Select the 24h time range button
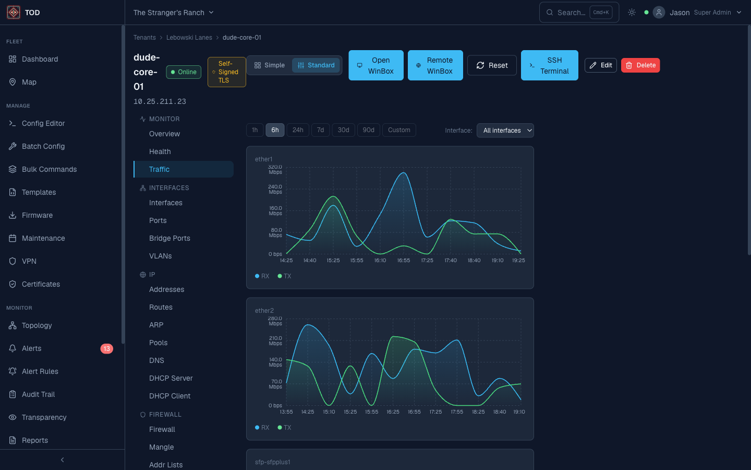pos(298,130)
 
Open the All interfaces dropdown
pos(505,131)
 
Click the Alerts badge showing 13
pos(106,348)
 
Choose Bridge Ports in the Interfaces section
pos(169,238)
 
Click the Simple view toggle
pos(270,65)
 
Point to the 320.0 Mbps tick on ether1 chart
pos(275,169)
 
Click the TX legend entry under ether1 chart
pos(285,276)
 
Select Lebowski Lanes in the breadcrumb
pos(189,38)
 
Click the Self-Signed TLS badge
pos(227,72)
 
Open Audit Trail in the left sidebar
pos(38,394)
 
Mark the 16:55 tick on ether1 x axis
pos(404,260)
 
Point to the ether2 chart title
pos(264,311)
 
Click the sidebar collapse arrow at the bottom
pos(62,460)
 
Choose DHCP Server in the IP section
pos(171,378)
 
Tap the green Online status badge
pos(184,72)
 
